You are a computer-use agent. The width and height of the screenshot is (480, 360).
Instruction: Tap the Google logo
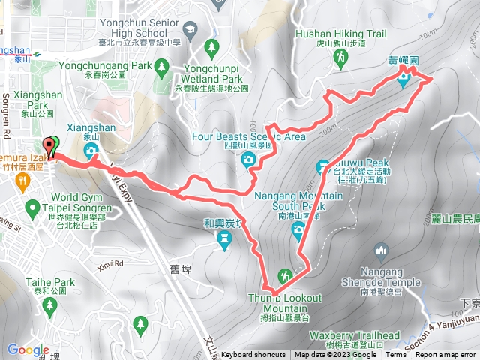click(x=28, y=349)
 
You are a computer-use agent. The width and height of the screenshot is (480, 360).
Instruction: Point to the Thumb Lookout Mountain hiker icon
click(x=285, y=274)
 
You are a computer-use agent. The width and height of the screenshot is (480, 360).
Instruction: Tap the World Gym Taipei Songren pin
click(x=32, y=206)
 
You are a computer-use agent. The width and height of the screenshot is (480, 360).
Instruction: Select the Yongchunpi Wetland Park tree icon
click(x=212, y=47)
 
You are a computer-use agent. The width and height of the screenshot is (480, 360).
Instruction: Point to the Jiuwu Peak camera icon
click(x=322, y=166)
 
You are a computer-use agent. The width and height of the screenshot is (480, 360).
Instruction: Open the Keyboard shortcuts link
click(x=253, y=355)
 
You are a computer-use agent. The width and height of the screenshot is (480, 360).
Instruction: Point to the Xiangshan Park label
click(x=32, y=111)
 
